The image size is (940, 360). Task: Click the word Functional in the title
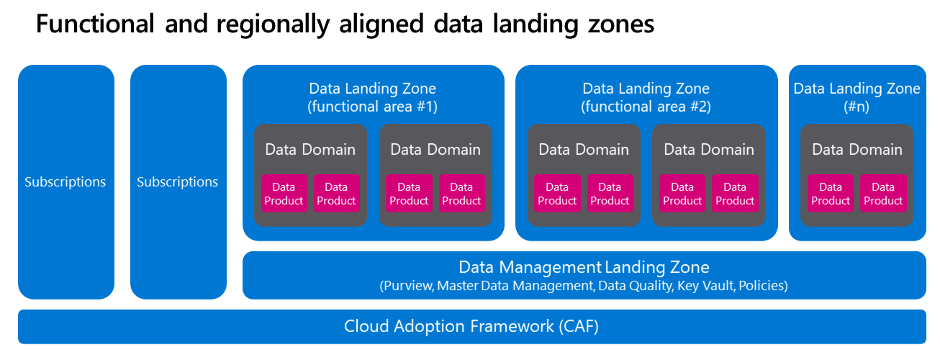point(94,24)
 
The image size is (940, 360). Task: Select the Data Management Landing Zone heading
point(584,268)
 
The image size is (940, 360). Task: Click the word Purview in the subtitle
point(407,286)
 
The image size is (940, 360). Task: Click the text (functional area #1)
point(372,107)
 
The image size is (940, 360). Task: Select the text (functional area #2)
point(646,107)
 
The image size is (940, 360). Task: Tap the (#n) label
point(857,107)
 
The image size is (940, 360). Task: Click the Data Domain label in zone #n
point(857,150)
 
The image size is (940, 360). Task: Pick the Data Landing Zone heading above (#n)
point(857,89)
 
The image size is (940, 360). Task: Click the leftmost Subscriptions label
point(65,182)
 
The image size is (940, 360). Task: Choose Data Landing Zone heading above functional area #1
point(372,89)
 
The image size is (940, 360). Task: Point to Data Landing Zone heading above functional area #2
point(646,89)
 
